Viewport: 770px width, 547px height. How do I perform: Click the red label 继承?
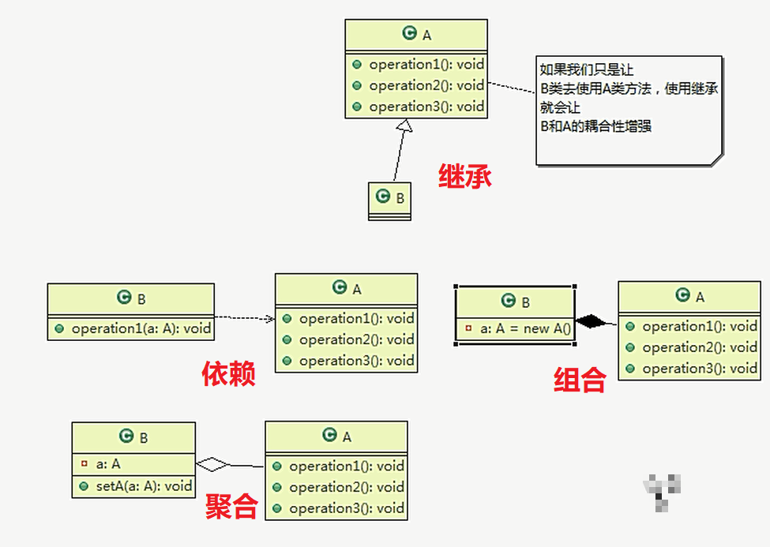pyautogui.click(x=465, y=176)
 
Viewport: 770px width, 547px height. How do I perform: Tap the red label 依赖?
pyautogui.click(x=229, y=373)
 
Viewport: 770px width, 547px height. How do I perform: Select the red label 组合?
pyautogui.click(x=580, y=380)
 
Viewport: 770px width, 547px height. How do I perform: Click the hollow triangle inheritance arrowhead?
pyautogui.click(x=404, y=125)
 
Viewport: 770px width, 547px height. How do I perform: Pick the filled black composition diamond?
pyautogui.click(x=595, y=320)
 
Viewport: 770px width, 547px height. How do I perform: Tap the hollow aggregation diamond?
pyautogui.click(x=212, y=464)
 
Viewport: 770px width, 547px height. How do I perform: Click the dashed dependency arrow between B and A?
pyautogui.click(x=244, y=318)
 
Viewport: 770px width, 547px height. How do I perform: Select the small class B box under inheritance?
pyautogui.click(x=390, y=200)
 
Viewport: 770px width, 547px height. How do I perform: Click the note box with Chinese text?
pyautogui.click(x=629, y=110)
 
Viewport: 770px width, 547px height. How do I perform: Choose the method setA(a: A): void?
pyautogui.click(x=143, y=486)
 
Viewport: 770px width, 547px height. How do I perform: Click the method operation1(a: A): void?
pyautogui.click(x=141, y=328)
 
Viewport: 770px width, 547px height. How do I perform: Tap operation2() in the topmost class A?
pyautogui.click(x=426, y=85)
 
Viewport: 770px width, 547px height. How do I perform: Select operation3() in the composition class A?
pyautogui.click(x=699, y=369)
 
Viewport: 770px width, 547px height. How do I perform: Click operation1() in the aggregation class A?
pyautogui.click(x=346, y=466)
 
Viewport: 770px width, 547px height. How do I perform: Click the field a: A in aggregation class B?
pyautogui.click(x=108, y=464)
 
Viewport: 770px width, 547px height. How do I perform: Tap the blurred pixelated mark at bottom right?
pyautogui.click(x=661, y=489)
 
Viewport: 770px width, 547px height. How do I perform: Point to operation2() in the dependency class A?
pyautogui.click(x=355, y=339)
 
